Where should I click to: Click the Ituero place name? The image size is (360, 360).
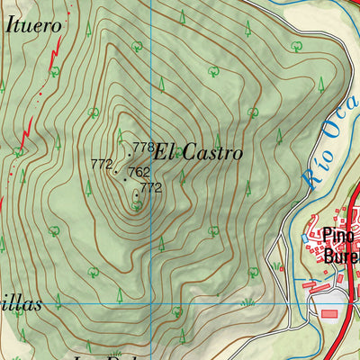34,25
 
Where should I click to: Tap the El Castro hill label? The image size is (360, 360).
198,153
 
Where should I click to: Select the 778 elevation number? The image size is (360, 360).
143,147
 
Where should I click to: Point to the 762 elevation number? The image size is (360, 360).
139,172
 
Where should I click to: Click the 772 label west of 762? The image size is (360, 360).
101,164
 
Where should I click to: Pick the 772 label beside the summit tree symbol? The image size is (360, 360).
150,188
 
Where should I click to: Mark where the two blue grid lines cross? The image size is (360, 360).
151,303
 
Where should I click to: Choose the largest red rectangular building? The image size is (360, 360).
329,313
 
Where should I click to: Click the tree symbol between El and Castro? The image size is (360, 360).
180,151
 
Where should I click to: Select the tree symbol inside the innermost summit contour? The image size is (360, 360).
136,204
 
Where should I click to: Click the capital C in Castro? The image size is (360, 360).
193,153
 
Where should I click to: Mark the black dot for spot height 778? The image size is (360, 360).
129,155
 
